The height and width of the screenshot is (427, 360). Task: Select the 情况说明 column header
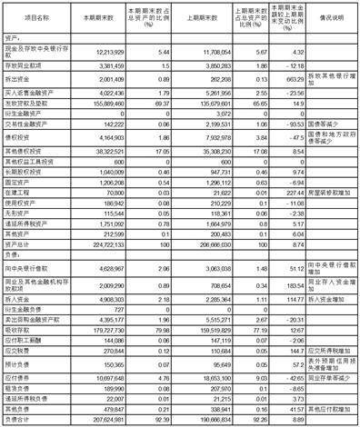[x=325, y=17]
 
